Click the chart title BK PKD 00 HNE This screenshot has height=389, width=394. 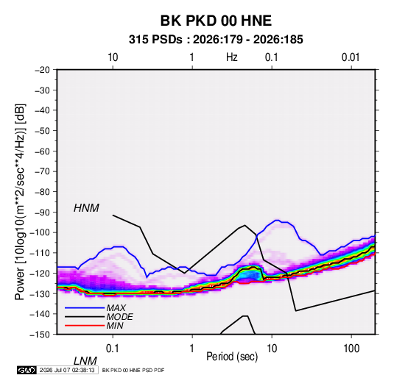[x=216, y=21]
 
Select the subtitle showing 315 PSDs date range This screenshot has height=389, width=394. [x=216, y=40]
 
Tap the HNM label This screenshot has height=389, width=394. [x=86, y=208]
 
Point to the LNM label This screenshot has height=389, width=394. [x=85, y=361]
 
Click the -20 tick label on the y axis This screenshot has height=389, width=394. [x=42, y=70]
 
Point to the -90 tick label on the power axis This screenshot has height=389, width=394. [x=42, y=212]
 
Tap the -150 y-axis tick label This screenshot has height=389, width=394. [x=40, y=335]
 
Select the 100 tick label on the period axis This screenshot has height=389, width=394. [x=351, y=349]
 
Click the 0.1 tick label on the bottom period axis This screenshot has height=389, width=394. [x=113, y=349]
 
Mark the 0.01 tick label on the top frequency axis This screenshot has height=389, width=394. [x=351, y=57]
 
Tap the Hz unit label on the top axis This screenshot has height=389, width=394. [x=232, y=57]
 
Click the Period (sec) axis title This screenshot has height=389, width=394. [x=232, y=357]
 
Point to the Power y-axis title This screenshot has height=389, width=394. [x=20, y=201]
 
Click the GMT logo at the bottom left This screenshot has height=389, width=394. [x=27, y=370]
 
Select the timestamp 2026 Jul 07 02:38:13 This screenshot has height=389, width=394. [x=67, y=370]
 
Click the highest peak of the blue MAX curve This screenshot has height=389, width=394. [x=277, y=220]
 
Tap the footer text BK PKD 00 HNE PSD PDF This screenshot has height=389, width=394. [x=133, y=370]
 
